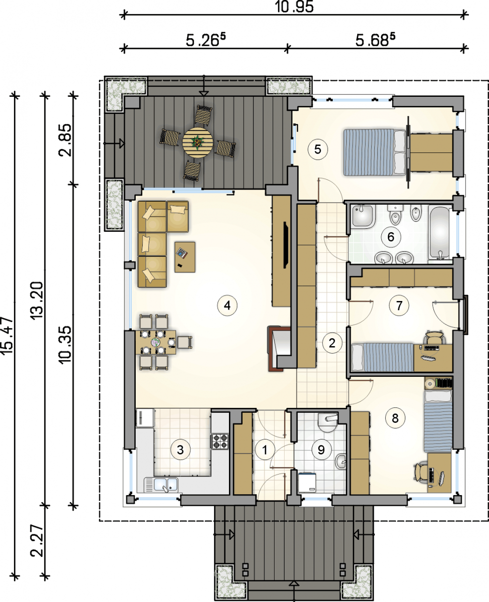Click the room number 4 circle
coord(227,305)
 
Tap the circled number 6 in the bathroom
coord(390,237)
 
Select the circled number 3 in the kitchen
coord(180,449)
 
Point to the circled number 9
coord(321,449)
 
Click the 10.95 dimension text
coord(294,7)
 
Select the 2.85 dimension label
coord(65,140)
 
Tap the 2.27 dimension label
coord(37,541)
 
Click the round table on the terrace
coord(197,143)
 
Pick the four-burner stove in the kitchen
coord(220,441)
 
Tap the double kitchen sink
coord(161,485)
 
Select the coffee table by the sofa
coord(185,257)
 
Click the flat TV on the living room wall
coord(286,245)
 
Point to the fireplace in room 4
coord(280,349)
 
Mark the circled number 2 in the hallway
coord(332,343)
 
